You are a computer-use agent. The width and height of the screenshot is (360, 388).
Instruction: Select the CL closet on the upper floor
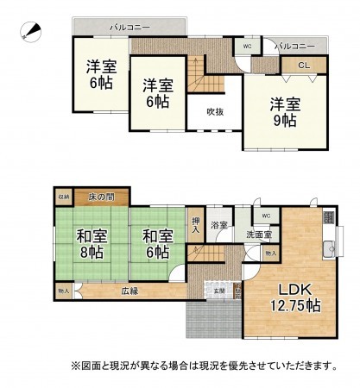coord(303,65)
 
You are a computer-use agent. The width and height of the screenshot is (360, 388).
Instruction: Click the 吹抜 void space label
coord(215,111)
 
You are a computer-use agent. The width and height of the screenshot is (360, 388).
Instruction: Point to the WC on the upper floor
coord(247,45)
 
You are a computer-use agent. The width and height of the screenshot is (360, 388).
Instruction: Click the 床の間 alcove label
coord(102,197)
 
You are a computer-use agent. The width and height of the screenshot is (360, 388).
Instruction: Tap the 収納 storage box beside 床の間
coord(64,197)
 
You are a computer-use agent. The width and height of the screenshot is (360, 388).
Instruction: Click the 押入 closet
coord(196,224)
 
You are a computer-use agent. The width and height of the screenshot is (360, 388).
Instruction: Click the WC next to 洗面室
coord(265,216)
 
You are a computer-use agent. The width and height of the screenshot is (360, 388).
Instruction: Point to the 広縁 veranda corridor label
coord(130,292)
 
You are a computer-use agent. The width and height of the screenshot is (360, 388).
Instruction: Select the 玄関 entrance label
coord(220,291)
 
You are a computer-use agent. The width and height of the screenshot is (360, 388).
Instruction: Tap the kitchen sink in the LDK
coord(329,251)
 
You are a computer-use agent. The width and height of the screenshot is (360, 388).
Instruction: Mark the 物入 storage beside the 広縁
coord(63,292)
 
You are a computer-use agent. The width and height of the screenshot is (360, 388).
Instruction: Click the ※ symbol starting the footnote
coord(77,366)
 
